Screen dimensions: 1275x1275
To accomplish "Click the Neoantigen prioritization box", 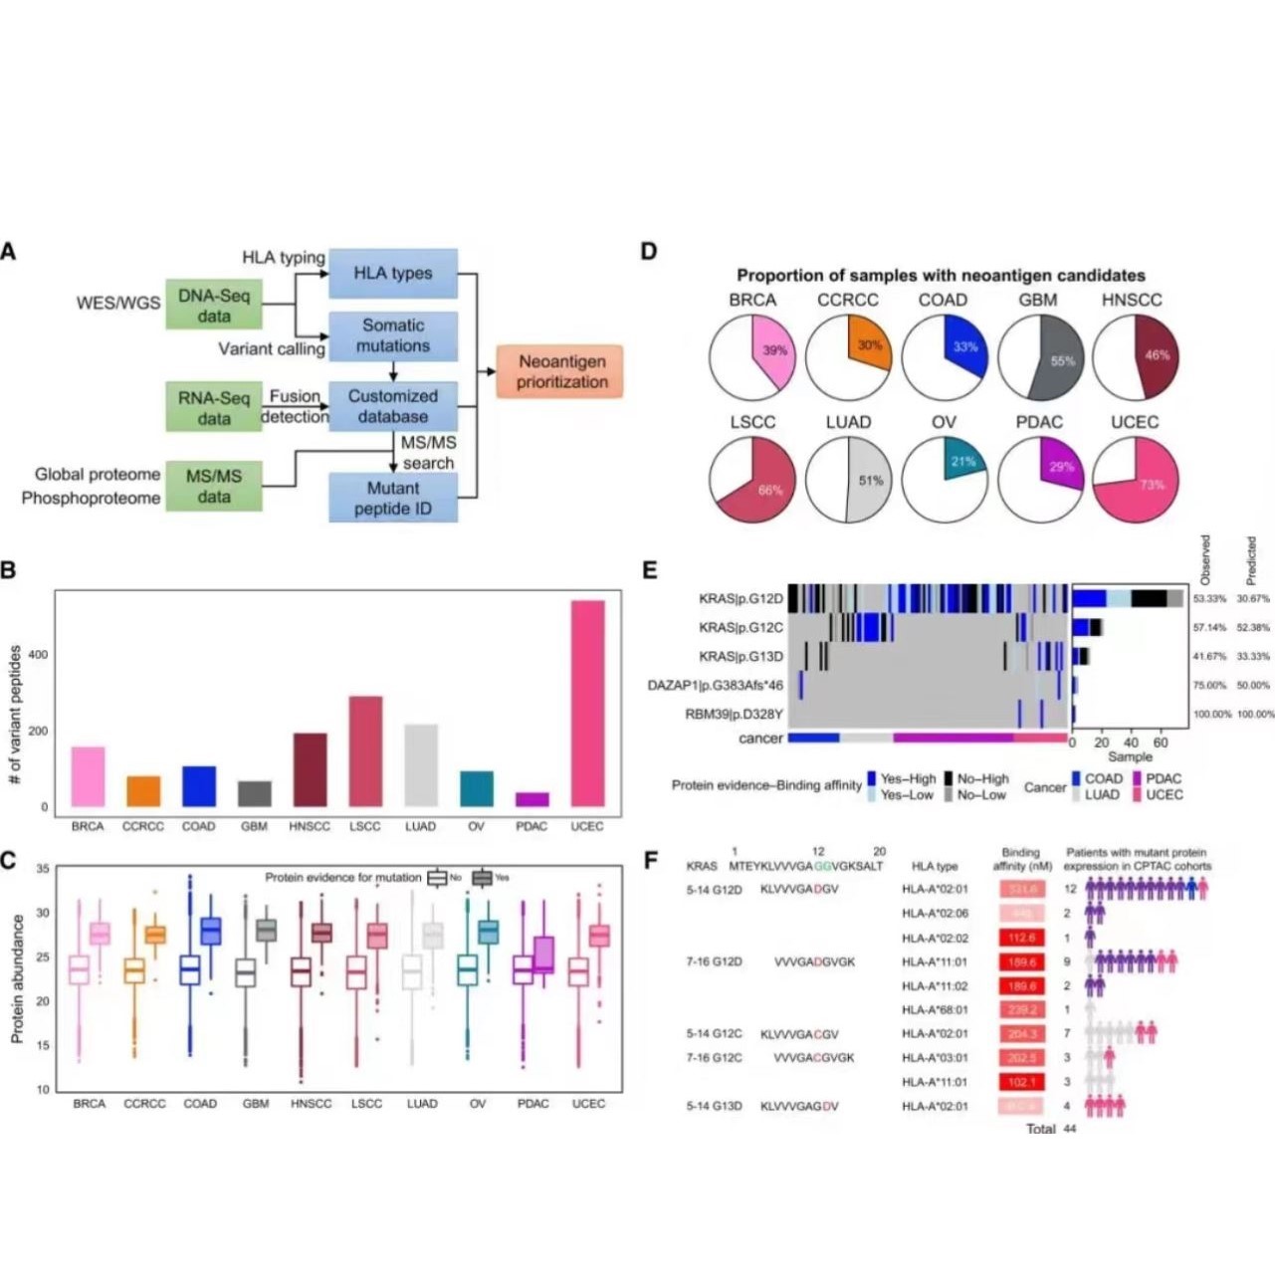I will [x=561, y=371].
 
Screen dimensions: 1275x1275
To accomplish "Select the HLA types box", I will [x=393, y=274].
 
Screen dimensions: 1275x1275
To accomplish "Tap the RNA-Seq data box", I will [x=214, y=408].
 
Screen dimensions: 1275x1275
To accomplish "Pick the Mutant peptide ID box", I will [x=393, y=498].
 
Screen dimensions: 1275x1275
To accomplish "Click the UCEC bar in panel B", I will [x=587, y=703].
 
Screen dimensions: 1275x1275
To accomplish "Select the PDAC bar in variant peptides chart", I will [x=531, y=799].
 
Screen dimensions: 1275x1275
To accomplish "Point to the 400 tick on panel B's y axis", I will [x=38, y=655].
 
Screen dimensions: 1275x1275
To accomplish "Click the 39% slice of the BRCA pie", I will [x=774, y=350].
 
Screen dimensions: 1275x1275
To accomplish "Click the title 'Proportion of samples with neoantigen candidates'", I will [x=941, y=276].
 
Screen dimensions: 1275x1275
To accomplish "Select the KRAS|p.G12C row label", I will [x=741, y=628].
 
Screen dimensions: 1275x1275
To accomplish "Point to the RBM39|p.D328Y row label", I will [x=734, y=715].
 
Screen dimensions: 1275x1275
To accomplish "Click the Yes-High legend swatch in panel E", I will [x=872, y=778].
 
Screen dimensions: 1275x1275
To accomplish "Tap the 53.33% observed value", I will [x=1209, y=600].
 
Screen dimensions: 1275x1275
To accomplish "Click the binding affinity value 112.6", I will [x=1020, y=938].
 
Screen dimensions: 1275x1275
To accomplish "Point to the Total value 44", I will [x=1070, y=1129].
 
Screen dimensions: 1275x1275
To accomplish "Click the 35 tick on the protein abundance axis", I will [x=43, y=869].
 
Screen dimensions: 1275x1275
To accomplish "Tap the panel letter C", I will [x=9, y=860].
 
